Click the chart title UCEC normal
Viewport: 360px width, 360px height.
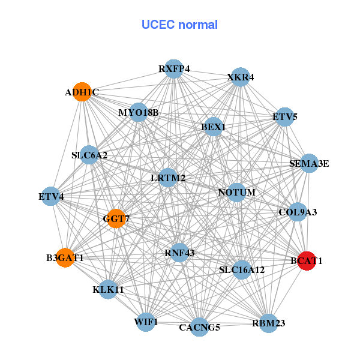179,25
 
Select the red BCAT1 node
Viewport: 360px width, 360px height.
307,261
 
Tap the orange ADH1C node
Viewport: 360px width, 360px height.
82,92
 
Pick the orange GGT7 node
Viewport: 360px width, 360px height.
116,219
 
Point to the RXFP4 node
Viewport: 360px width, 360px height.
174,68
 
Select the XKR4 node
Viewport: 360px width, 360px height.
241,77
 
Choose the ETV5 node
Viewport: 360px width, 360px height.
285,116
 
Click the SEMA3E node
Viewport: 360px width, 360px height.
309,163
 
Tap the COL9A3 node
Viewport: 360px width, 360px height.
298,212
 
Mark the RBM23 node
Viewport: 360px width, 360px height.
268,323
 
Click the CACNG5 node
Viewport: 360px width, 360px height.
200,327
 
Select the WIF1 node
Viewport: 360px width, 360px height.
146,322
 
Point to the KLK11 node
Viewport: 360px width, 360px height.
108,289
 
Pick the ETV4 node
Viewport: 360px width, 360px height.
51,196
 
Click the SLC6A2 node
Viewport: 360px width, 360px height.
89,155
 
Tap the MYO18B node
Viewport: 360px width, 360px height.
139,112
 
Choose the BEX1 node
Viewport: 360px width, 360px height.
214,127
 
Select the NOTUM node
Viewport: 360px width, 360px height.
237,193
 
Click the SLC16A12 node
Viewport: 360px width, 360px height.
241,270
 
